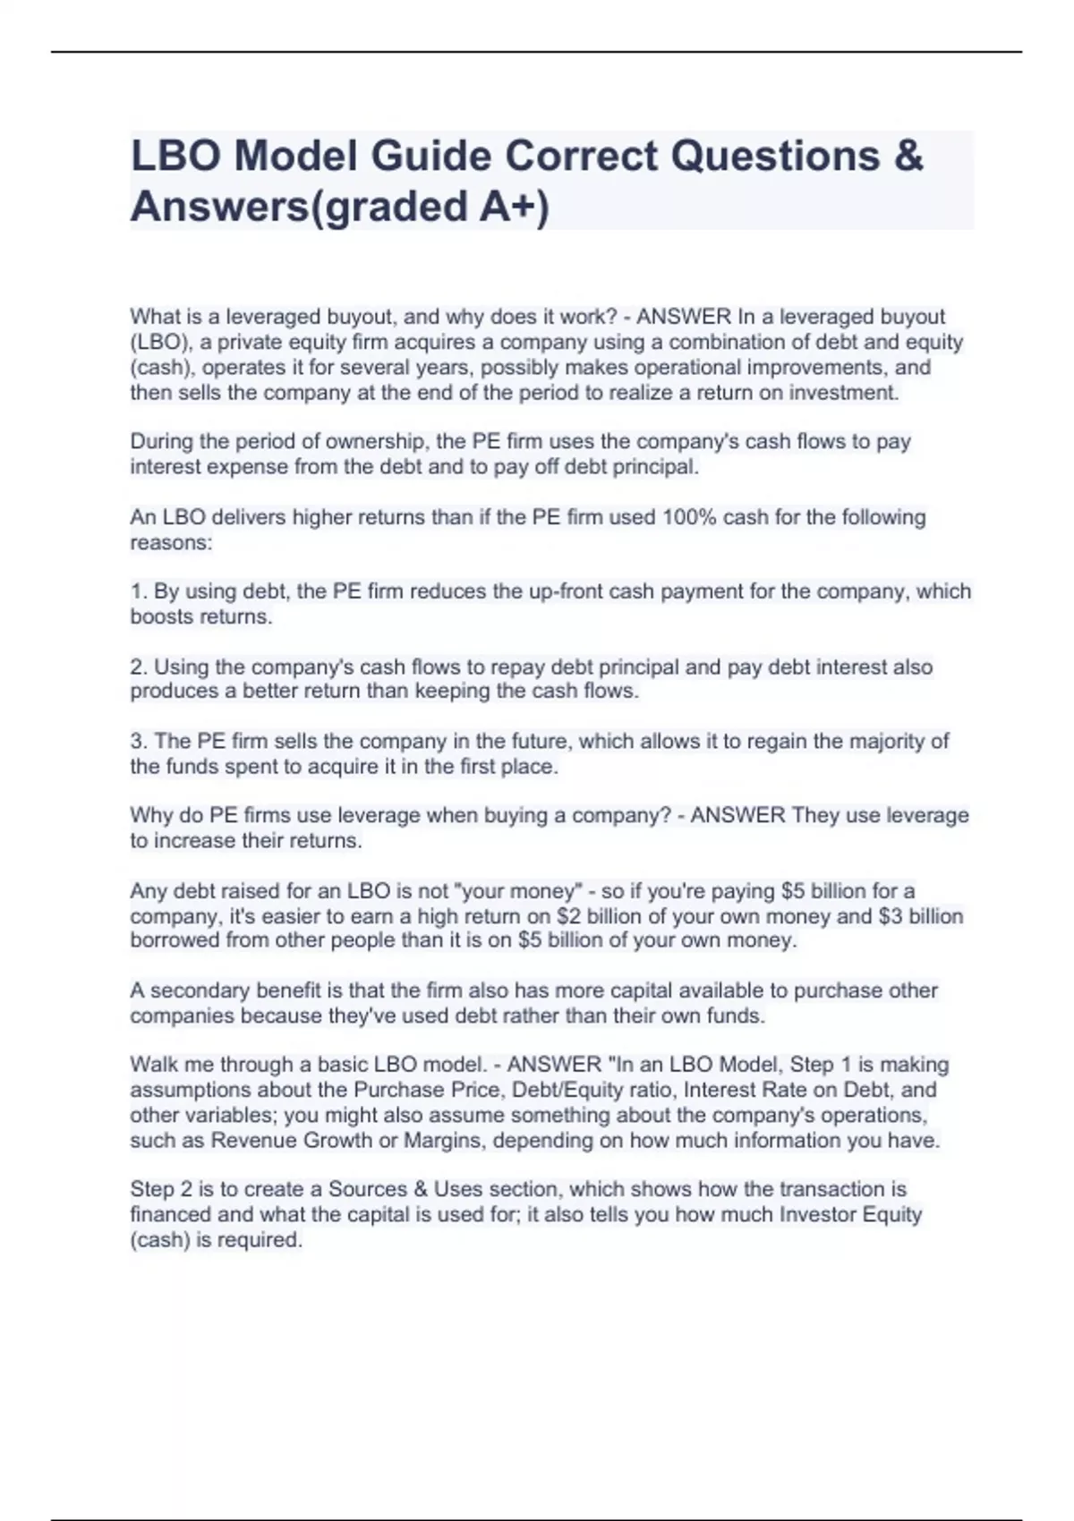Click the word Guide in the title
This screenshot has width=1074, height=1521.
[x=430, y=156]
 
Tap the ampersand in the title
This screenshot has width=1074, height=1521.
[x=908, y=156]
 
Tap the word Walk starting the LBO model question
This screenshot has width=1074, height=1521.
[x=153, y=1065]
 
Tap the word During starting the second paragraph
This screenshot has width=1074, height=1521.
[x=162, y=442]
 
